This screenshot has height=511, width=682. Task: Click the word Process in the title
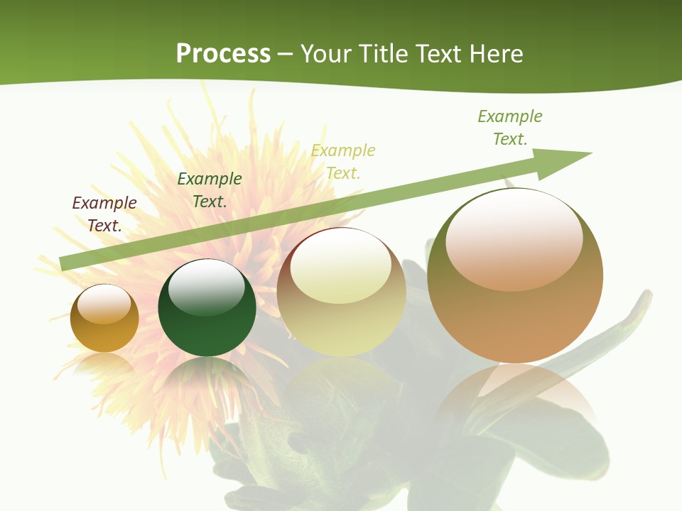(223, 53)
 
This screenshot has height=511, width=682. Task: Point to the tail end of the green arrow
(64, 262)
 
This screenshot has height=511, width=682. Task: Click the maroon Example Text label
(104, 214)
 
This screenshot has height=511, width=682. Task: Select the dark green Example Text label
(210, 189)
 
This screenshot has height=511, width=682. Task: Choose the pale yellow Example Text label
(343, 161)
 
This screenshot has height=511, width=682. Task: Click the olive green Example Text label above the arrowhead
(510, 127)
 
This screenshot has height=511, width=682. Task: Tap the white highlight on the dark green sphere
(207, 286)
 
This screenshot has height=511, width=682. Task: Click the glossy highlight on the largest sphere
(514, 238)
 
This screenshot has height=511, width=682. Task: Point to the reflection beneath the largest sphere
(515, 397)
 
